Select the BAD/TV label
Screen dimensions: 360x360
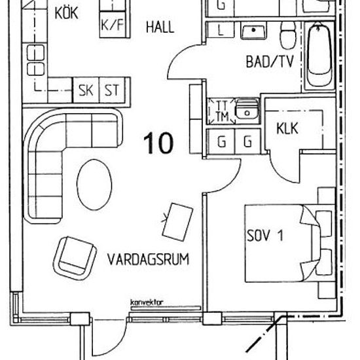tap(268, 63)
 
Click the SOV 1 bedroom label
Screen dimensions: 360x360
tap(266, 236)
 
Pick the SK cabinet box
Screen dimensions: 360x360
tap(86, 90)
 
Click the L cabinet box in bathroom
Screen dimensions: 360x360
tap(220, 31)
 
